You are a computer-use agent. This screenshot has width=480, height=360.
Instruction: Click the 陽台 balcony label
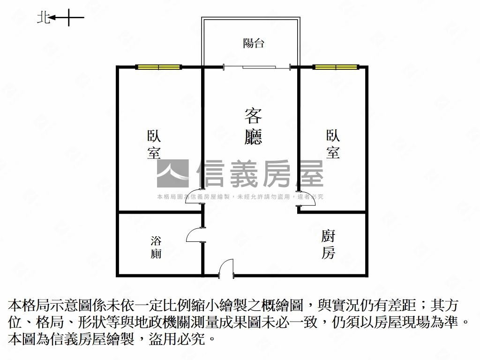tap(254, 43)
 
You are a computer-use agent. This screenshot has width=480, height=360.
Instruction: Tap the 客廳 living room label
tap(253, 126)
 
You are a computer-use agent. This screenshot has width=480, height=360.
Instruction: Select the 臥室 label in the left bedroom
tap(154, 144)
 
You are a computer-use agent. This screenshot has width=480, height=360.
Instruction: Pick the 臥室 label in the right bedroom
tap(333, 144)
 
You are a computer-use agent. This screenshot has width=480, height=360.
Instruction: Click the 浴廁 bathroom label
tap(156, 247)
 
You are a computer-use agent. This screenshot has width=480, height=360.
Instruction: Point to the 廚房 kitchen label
tap(328, 244)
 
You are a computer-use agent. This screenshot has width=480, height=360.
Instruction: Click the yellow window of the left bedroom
tap(158, 67)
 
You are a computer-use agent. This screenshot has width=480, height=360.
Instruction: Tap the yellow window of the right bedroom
tap(336, 67)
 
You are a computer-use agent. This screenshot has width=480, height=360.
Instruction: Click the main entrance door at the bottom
tap(226, 269)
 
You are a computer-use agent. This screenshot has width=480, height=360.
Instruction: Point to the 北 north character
tap(43, 18)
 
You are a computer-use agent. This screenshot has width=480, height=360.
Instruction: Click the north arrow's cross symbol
tap(68, 17)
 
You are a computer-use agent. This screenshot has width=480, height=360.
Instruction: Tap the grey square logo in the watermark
tap(173, 173)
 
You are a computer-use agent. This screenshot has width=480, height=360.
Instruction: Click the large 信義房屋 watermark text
tap(260, 173)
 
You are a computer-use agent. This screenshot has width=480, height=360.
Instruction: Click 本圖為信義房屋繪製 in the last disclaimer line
tap(71, 339)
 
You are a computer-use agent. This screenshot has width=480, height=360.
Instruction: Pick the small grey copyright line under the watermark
tap(240, 197)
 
